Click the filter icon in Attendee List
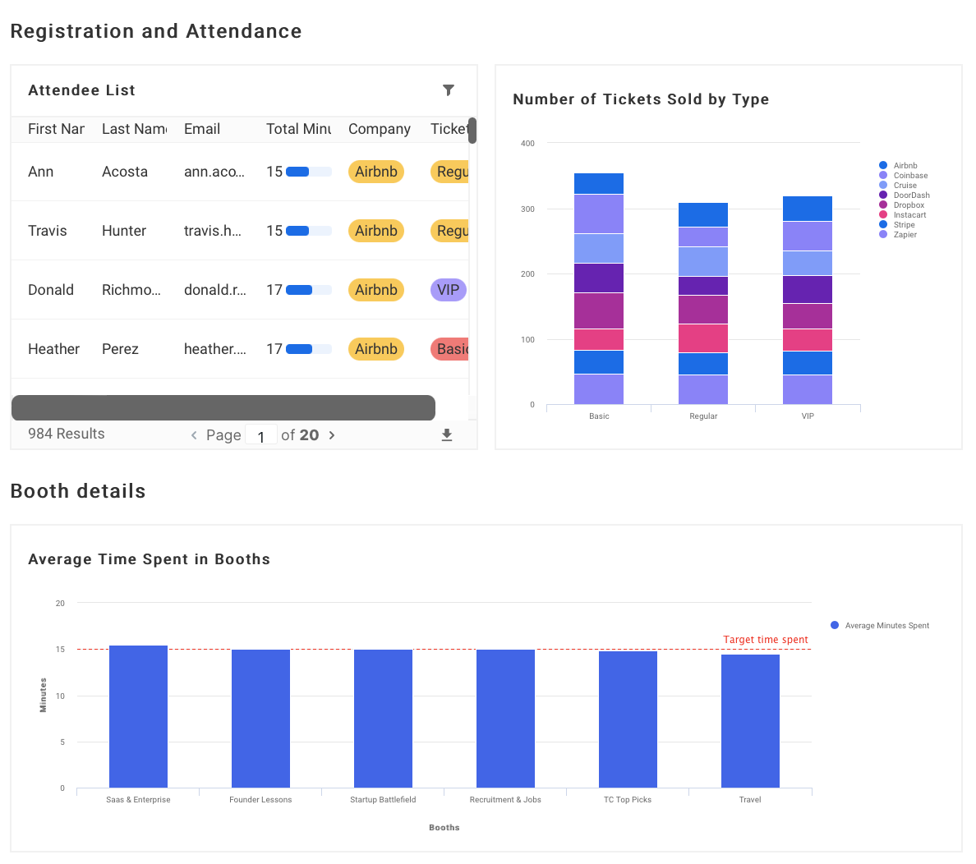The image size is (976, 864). (449, 90)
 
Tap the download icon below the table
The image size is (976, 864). (447, 435)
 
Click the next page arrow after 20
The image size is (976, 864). (332, 435)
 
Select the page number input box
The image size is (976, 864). (261, 435)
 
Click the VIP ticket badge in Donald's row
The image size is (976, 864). (449, 290)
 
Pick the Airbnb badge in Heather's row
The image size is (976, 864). (376, 349)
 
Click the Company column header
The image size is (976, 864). (379, 129)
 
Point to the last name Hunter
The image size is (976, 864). (124, 231)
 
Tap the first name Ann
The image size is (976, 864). (40, 172)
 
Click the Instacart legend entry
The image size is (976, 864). (909, 215)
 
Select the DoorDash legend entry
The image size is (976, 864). (910, 195)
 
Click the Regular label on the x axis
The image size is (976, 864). (703, 416)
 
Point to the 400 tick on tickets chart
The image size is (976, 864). (527, 144)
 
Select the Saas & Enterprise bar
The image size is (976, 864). (138, 716)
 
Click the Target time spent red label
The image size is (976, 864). (765, 640)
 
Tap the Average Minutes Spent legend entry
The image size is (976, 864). (886, 626)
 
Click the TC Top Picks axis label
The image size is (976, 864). (628, 800)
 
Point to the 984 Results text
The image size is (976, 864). (67, 434)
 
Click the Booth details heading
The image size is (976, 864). (78, 491)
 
